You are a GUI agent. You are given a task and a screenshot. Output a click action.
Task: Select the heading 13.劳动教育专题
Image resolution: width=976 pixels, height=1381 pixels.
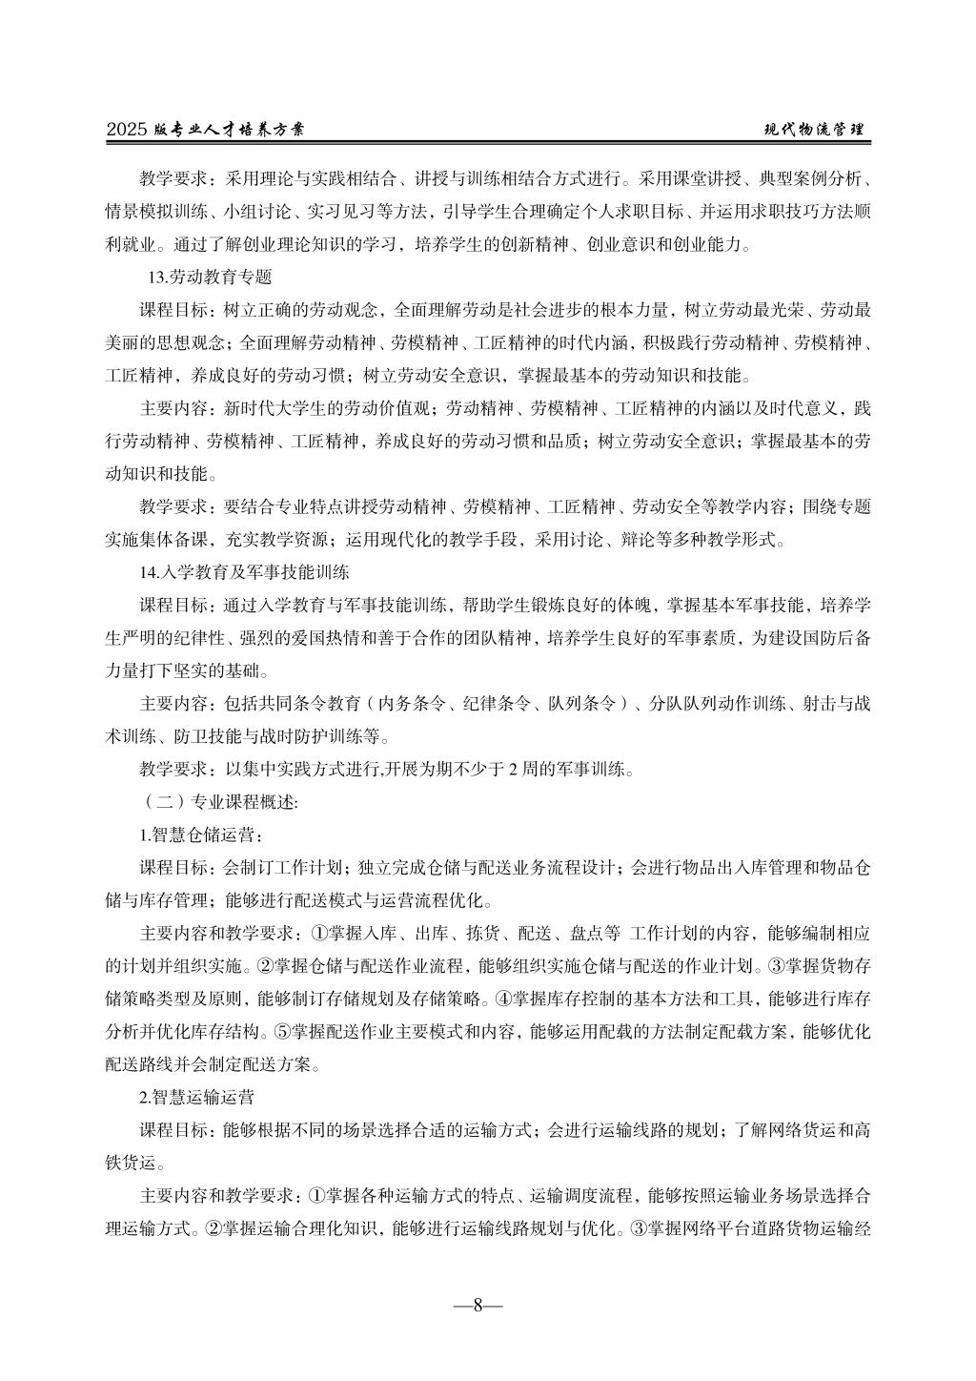point(210,278)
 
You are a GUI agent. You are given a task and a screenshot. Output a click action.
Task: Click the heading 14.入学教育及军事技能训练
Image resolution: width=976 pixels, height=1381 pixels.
point(244,573)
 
